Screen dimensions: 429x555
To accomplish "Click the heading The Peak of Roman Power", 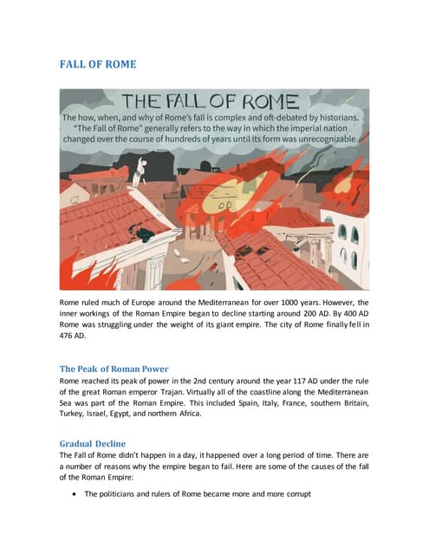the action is pos(114,369).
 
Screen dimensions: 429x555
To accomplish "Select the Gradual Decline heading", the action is pos(92,443).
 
